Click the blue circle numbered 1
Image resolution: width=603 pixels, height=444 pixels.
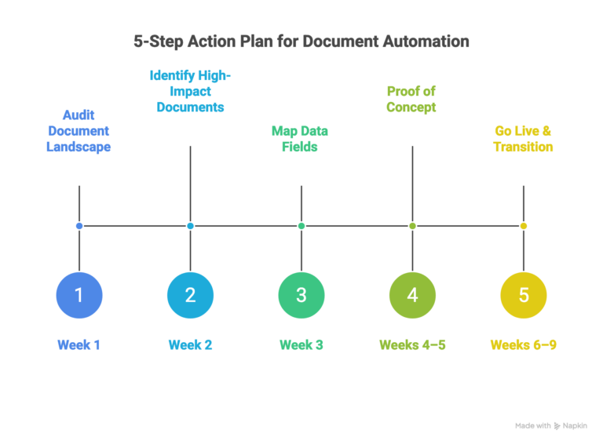click(79, 295)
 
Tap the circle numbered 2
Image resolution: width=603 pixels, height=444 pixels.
click(190, 295)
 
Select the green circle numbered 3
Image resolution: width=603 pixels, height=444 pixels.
click(301, 295)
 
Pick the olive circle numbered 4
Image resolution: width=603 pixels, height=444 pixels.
click(412, 295)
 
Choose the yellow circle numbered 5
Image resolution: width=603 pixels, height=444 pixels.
click(524, 295)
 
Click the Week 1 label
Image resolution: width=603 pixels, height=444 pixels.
click(79, 345)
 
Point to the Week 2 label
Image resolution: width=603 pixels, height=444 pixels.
click(190, 345)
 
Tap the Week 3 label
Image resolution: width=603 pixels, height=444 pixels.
click(301, 345)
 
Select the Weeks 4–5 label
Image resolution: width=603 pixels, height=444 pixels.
click(412, 345)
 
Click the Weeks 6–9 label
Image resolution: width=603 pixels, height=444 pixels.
click(524, 345)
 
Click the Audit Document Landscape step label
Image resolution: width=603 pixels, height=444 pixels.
click(79, 131)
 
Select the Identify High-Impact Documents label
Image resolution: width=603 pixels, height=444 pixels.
click(190, 92)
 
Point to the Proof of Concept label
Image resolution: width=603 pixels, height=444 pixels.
click(411, 100)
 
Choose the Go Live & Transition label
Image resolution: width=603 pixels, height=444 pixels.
click(523, 139)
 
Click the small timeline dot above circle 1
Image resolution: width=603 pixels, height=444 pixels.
click(79, 226)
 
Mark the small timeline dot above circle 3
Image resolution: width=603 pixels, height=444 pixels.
click(301, 226)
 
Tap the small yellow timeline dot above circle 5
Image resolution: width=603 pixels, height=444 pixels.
click(524, 226)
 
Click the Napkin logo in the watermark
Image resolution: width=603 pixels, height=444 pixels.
click(557, 426)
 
